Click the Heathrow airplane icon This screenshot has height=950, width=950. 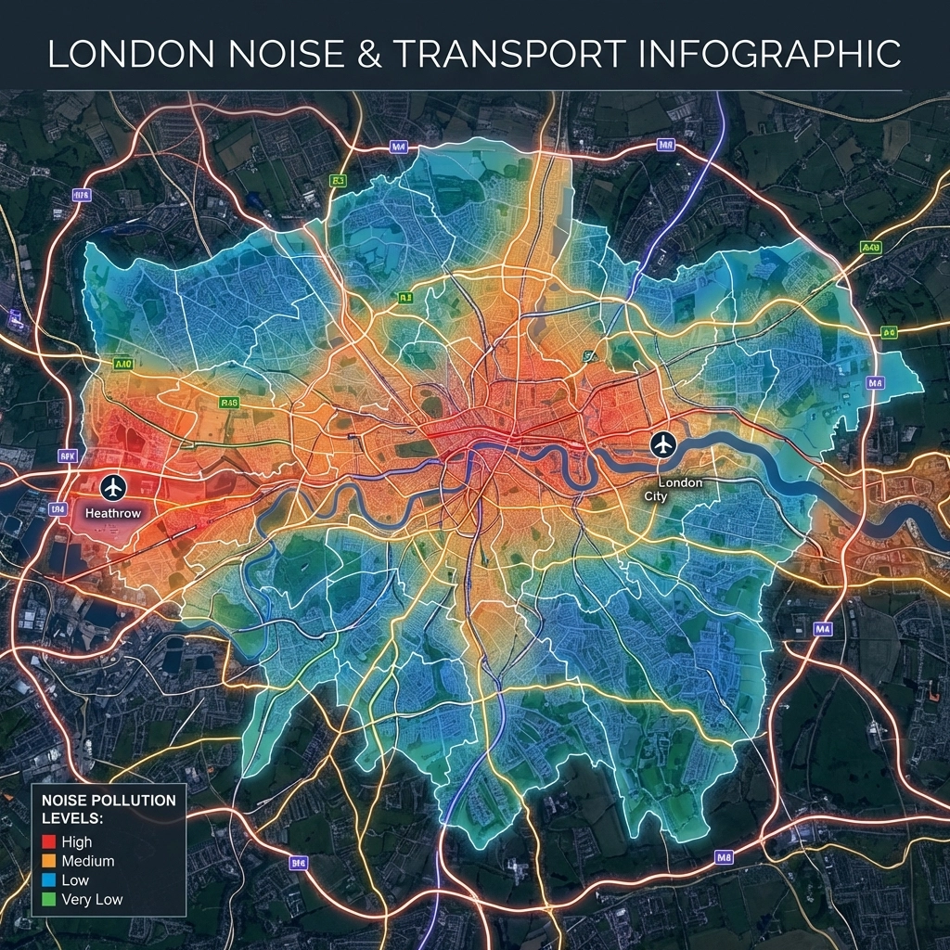tap(113, 486)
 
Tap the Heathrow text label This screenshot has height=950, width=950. tap(111, 512)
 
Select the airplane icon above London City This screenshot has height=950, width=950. tap(662, 444)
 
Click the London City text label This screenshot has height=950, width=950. tap(670, 490)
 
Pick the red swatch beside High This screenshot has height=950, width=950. tap(51, 842)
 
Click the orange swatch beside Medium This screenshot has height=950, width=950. tap(51, 861)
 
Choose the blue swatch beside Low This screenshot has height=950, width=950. tap(51, 880)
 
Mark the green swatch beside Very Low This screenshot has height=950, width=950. tap(51, 899)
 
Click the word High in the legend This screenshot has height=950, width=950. tap(77, 842)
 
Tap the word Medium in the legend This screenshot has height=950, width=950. tap(88, 861)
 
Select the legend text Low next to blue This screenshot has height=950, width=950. tap(75, 880)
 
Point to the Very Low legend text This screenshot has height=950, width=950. tap(92, 899)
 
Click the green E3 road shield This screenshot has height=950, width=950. tap(338, 181)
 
